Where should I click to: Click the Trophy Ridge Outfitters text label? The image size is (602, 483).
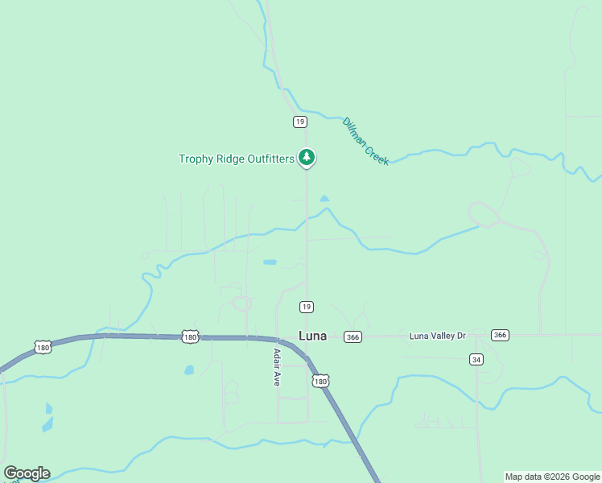point(237,159)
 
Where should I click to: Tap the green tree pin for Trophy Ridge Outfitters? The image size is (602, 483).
point(306,157)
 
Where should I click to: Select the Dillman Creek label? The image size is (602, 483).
point(365,141)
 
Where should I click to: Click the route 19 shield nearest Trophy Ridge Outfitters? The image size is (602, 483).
point(299,122)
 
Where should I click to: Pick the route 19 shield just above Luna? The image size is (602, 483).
point(306,307)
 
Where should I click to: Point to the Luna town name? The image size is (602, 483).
point(312,336)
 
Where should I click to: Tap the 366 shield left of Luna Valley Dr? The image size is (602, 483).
point(353,336)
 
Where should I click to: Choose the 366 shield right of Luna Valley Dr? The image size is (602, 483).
point(500,335)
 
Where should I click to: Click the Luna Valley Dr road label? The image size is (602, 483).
point(437,335)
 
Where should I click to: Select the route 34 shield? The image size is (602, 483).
point(477,359)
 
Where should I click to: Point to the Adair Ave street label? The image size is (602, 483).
point(276,367)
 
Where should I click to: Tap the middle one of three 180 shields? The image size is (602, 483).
point(190,336)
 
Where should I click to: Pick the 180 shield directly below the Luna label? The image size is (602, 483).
point(321,381)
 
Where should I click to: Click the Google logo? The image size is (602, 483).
point(27,473)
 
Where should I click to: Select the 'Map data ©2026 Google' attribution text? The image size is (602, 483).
point(553,477)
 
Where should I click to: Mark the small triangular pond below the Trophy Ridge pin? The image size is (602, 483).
point(324,198)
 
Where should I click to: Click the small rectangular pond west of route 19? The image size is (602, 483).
point(270,262)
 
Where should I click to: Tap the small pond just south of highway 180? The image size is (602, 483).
point(189,370)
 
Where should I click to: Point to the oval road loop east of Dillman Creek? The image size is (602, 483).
point(484,214)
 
